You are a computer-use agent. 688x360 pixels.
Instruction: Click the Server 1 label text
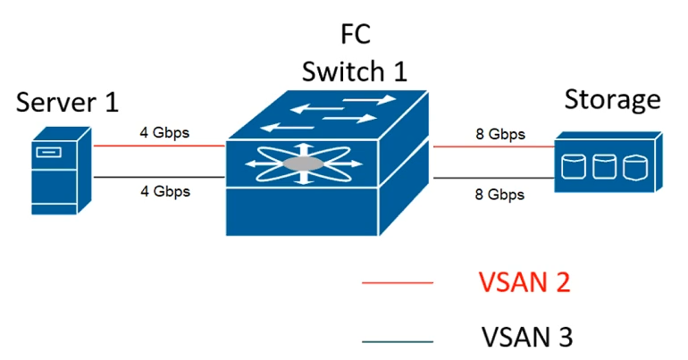[67, 102]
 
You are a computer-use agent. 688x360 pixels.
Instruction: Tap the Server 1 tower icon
[61, 171]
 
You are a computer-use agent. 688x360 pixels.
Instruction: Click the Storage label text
[613, 100]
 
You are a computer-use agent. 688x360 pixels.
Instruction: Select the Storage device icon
[608, 162]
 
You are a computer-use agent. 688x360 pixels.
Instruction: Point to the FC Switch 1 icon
[327, 163]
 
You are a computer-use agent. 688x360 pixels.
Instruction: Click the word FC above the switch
[356, 34]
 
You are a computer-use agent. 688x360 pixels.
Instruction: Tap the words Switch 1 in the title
[355, 71]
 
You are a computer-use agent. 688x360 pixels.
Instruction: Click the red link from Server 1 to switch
[159, 146]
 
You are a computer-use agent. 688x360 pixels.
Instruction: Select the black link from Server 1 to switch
[159, 177]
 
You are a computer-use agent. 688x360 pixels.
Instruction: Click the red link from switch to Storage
[494, 147]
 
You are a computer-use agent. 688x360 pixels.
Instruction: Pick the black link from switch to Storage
[494, 178]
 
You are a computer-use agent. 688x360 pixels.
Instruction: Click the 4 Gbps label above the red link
[164, 132]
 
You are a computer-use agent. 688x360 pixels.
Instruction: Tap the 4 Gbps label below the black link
[165, 191]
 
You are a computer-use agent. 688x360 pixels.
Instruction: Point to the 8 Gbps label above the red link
[500, 134]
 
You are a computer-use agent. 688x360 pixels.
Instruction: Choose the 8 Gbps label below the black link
[499, 194]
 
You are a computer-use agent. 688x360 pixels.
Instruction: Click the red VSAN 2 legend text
[524, 282]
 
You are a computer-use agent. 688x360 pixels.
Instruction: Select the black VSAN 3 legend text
[527, 337]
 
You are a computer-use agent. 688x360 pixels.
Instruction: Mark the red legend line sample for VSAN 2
[398, 283]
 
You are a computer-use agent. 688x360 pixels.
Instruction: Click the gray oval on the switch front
[303, 164]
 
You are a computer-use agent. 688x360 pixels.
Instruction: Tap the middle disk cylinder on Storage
[605, 167]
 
